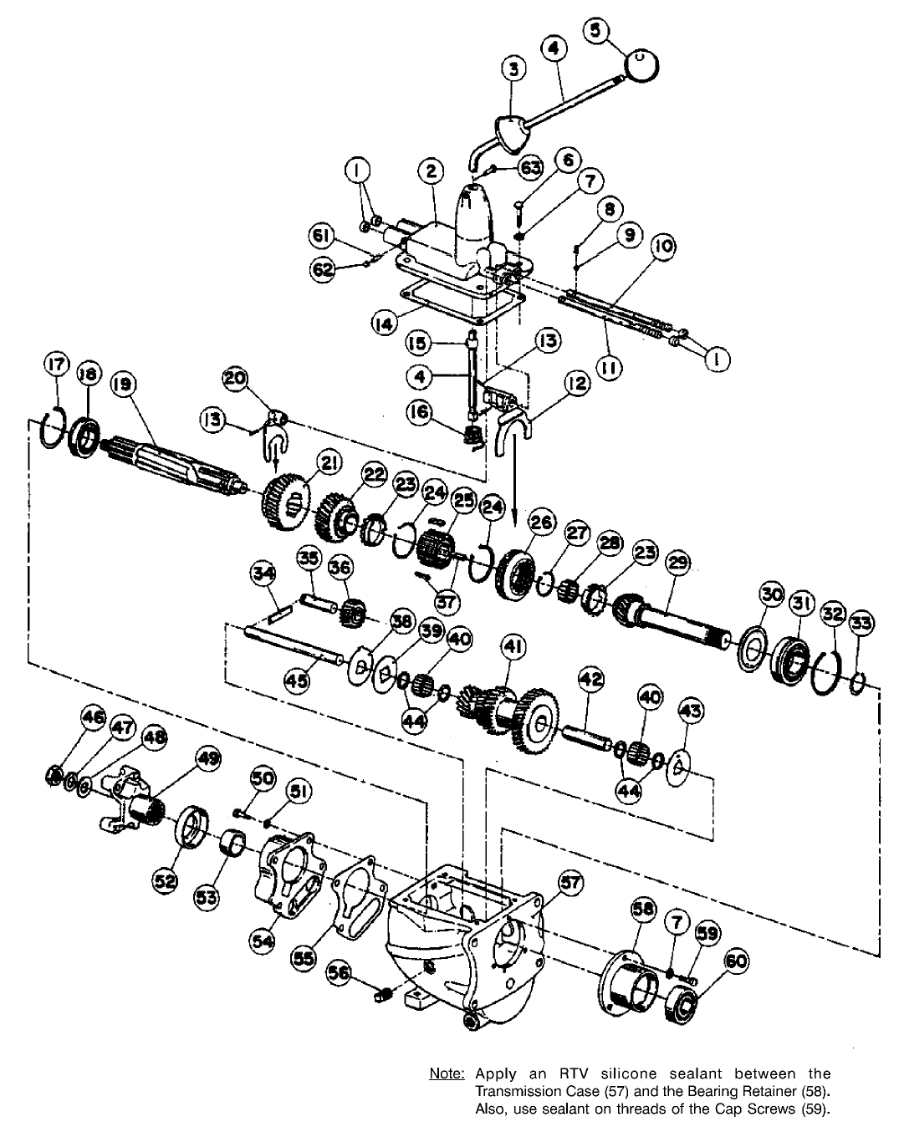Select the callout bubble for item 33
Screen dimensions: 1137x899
(861, 623)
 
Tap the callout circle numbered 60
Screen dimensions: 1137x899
(735, 963)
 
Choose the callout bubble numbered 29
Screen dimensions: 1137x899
(677, 563)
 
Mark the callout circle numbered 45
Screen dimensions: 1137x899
(297, 681)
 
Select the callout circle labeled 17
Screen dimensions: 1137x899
(56, 366)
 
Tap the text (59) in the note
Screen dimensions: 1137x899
(815, 1109)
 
